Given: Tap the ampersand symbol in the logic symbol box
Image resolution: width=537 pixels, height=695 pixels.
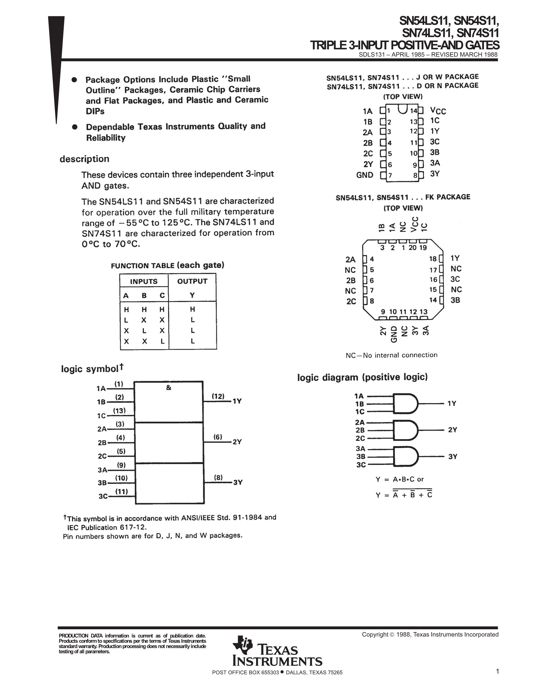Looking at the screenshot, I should pos(169,388).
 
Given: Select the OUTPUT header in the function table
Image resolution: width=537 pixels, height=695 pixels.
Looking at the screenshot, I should pos(192,281).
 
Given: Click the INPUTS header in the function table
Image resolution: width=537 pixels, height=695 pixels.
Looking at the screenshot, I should pos(144,281).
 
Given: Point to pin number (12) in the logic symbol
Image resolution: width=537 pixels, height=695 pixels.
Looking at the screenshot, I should pos(218,396).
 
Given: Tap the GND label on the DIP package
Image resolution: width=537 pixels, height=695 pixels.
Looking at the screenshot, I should pos(365,175).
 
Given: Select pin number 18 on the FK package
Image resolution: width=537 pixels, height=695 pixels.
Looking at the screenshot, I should pos(433,259).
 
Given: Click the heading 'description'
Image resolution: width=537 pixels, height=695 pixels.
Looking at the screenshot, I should pos(84,159).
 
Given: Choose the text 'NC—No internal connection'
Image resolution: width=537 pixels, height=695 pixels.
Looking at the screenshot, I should pos(391,355).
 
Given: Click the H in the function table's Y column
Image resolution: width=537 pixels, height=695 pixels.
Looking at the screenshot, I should pos(192,309).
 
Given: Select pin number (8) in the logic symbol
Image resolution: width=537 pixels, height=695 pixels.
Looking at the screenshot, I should pos(218,477).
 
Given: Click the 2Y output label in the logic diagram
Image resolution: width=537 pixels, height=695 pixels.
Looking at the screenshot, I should pos(452,430).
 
